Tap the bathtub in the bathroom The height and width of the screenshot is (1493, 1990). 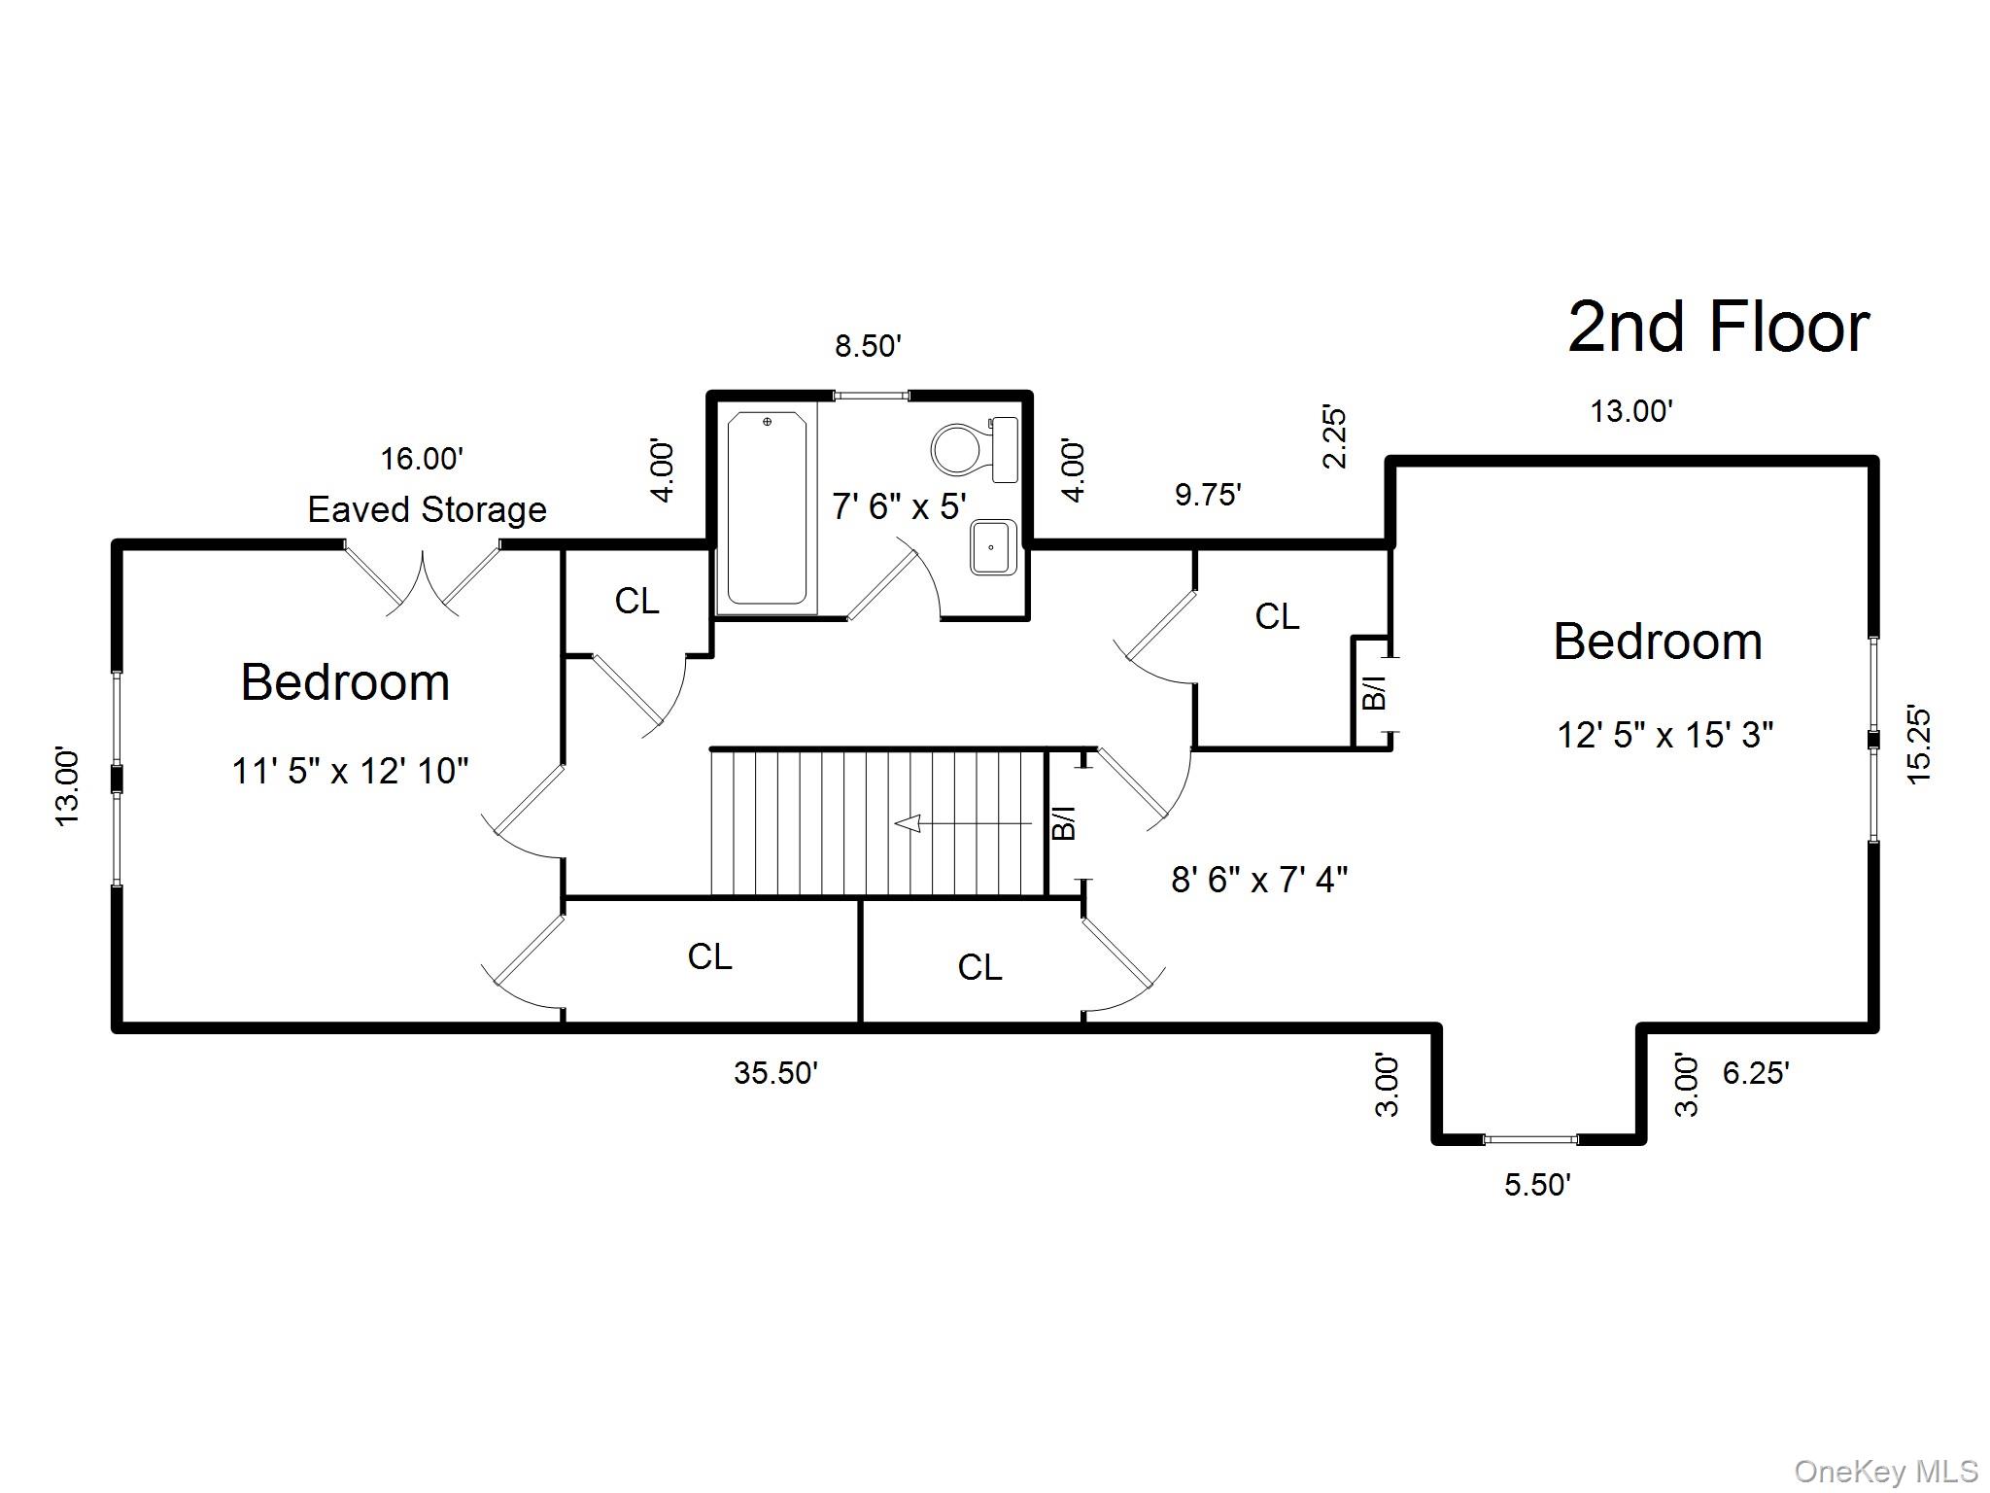[767, 507]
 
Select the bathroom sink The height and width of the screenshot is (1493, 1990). [993, 547]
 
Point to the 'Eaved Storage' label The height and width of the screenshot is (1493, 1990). [428, 509]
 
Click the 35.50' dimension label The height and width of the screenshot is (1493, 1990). [775, 1073]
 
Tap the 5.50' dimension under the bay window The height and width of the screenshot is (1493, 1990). [1537, 1185]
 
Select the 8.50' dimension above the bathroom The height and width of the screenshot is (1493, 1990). [869, 346]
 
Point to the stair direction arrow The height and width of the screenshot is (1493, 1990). [962, 824]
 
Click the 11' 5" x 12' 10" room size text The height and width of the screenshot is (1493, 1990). [350, 772]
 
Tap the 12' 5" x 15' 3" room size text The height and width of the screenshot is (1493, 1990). [1665, 735]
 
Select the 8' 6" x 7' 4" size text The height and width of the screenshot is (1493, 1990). [1259, 880]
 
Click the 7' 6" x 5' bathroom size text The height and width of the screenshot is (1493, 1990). [899, 506]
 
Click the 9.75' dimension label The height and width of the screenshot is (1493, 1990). [1208, 495]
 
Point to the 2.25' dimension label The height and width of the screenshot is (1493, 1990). [1335, 438]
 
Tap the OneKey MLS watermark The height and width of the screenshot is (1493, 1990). [1885, 1472]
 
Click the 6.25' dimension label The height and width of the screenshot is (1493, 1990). [1756, 1073]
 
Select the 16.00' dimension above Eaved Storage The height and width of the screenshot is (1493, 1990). [421, 459]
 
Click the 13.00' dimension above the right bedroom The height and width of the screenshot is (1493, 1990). [1631, 412]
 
